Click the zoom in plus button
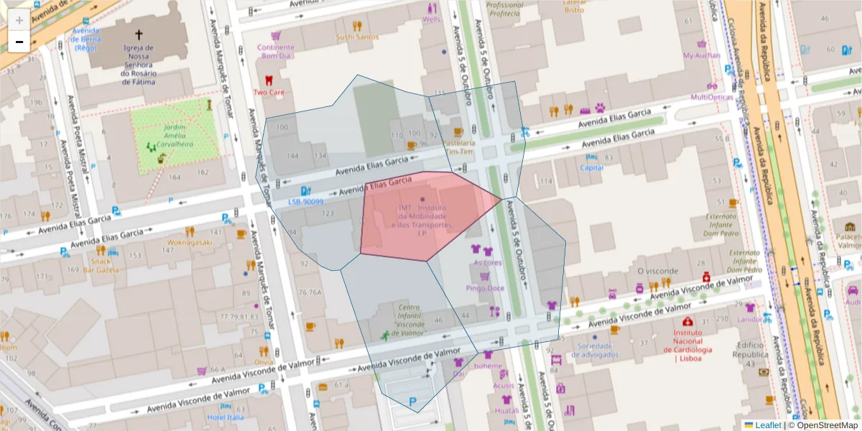point(19,19)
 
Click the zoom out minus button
point(19,42)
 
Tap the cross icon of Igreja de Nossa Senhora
point(139,34)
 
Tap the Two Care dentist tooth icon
point(269,81)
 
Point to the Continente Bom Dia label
point(275,52)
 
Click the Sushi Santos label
point(357,37)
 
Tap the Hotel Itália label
point(225,417)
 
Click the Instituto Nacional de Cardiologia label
point(702,346)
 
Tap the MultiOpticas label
point(712,97)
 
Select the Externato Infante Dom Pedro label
point(721,224)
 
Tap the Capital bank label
point(591,167)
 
